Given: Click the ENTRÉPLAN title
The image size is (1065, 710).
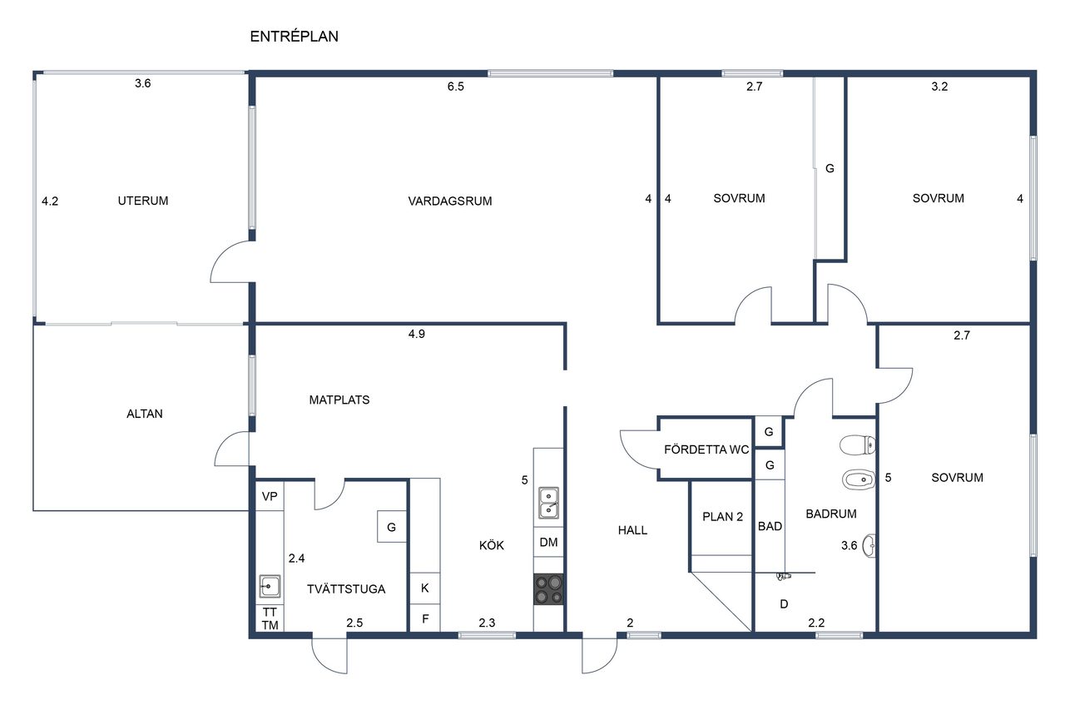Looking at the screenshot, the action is click(x=294, y=36).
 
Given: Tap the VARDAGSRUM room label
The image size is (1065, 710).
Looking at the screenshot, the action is click(x=450, y=201).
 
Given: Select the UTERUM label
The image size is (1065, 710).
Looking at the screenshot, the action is click(x=143, y=201).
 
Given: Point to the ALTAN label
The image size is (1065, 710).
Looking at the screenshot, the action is click(x=145, y=414).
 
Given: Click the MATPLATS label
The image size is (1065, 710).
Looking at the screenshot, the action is click(x=339, y=400).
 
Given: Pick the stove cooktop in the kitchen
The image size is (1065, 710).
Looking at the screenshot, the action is click(x=548, y=589).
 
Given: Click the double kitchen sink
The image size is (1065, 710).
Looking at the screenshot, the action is click(x=548, y=503).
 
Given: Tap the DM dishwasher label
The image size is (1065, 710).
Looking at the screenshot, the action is click(x=548, y=542).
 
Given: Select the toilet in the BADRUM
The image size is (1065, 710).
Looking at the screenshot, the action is click(x=858, y=445).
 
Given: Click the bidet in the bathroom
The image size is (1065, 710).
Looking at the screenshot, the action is click(x=859, y=479).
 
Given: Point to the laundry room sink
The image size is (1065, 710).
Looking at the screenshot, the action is click(x=270, y=586).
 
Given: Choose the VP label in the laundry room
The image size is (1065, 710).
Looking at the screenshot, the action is click(x=270, y=496).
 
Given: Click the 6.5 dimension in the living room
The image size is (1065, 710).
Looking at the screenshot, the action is click(x=455, y=87).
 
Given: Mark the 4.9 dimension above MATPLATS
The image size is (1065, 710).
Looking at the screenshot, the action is click(x=417, y=335).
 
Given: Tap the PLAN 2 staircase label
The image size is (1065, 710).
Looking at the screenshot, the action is click(x=723, y=517).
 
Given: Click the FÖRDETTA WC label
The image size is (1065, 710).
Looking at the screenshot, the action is click(x=706, y=449).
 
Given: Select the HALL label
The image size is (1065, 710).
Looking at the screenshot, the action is click(x=633, y=530).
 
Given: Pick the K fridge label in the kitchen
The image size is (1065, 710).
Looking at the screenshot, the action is click(x=425, y=588).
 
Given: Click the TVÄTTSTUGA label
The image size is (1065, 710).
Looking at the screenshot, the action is click(x=346, y=589).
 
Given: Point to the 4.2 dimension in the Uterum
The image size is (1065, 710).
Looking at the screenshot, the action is click(x=50, y=201).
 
